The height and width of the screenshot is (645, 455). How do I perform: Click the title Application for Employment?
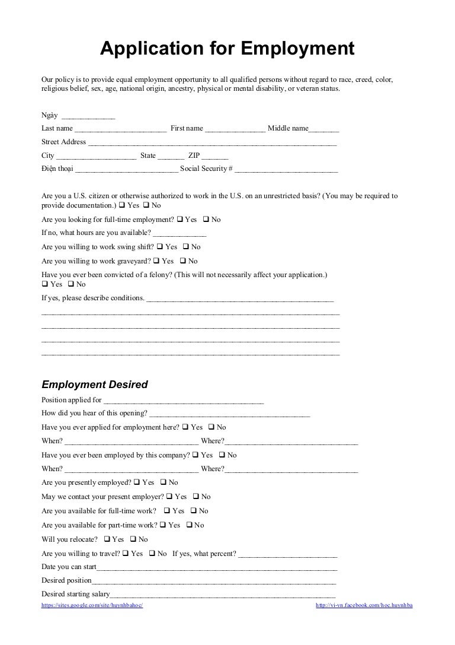227,49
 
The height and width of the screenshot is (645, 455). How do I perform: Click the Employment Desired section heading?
94,385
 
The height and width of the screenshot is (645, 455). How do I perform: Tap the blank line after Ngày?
88,116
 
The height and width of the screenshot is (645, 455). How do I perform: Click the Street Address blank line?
212,142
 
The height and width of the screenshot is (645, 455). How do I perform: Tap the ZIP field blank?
214,156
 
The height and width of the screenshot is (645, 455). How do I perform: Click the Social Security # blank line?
286,169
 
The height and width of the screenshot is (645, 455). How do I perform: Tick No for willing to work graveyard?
182,261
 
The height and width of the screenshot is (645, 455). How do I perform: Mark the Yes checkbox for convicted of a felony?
45,284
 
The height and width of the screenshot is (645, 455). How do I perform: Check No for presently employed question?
164,483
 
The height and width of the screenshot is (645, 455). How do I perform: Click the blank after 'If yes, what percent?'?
287,554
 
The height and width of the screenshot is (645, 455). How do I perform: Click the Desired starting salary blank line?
223,595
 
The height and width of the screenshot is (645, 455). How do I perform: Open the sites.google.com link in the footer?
92,605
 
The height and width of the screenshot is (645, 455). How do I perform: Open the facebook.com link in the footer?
364,605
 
